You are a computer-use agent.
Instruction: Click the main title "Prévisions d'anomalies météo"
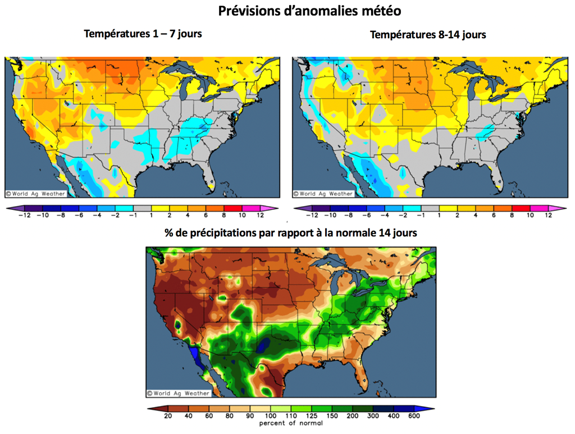[309, 11]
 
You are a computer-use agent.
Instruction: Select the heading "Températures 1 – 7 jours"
[143, 34]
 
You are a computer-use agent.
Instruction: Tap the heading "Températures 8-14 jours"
[428, 34]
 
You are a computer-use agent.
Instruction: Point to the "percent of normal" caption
[291, 423]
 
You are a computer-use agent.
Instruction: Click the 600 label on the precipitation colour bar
[414, 416]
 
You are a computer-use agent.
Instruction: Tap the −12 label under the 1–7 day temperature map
[24, 216]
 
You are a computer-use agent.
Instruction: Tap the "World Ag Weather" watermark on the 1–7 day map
[35, 194]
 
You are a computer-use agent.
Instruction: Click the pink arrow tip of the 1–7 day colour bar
[275, 208]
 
